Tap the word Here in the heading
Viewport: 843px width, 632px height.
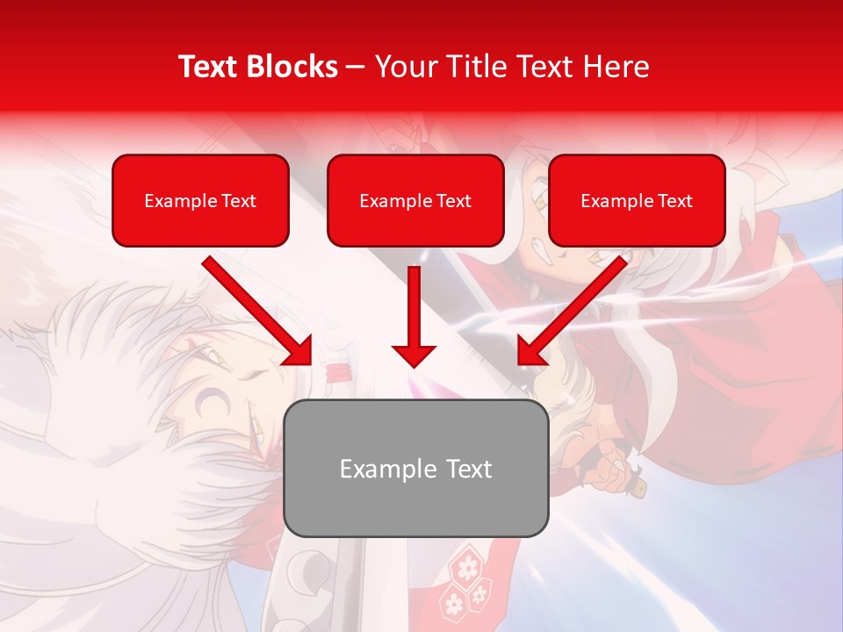click(616, 67)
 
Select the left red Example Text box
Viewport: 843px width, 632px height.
click(200, 201)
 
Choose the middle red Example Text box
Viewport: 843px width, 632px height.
click(415, 201)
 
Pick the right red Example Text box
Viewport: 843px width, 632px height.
click(637, 201)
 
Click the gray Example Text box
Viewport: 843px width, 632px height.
click(415, 469)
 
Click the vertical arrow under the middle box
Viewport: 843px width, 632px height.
click(414, 307)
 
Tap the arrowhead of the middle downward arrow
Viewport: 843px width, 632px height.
click(414, 355)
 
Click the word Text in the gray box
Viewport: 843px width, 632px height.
click(469, 469)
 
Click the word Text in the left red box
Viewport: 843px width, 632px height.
click(238, 201)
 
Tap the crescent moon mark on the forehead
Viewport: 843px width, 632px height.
click(208, 404)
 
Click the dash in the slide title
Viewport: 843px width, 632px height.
click(356, 67)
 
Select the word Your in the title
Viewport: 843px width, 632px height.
click(403, 67)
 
